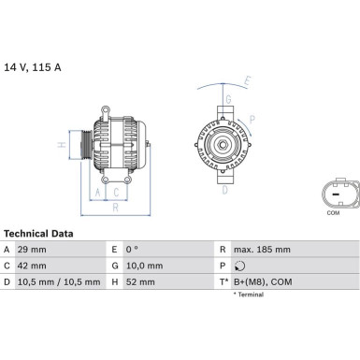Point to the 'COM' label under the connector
pyautogui.click(x=333, y=213)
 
